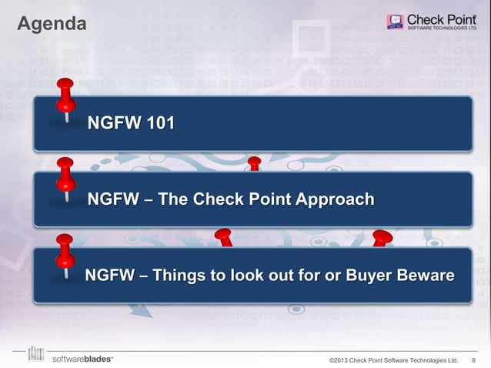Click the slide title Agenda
click(51, 25)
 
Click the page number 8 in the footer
click(473, 360)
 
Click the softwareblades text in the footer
click(82, 359)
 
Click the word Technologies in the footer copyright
click(426, 360)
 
